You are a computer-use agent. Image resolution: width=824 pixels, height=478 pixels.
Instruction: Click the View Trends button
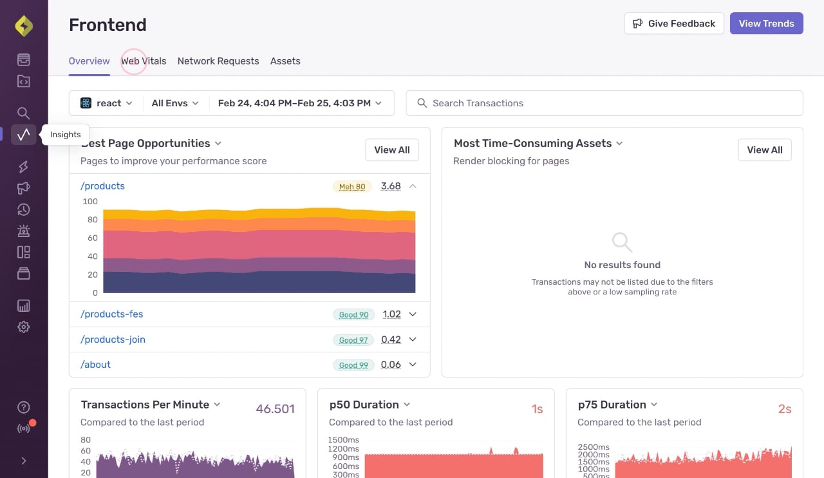point(766,23)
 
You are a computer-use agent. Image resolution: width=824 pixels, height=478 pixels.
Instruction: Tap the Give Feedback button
point(674,23)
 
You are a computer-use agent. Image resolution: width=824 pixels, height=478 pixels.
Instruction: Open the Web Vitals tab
point(144,61)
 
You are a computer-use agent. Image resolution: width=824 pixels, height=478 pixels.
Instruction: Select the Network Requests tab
point(218,61)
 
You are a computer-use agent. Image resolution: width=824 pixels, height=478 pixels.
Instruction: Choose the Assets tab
point(285,61)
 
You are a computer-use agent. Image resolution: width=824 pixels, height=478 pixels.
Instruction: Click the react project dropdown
point(106,103)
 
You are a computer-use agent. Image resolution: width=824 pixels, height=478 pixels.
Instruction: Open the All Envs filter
point(175,103)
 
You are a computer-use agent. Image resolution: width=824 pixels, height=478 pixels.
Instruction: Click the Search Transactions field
point(604,103)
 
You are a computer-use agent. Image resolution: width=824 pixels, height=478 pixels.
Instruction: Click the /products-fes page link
point(112,314)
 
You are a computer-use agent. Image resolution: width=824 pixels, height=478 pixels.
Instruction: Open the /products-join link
point(113,339)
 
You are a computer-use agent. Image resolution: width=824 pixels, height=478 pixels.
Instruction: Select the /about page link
point(96,365)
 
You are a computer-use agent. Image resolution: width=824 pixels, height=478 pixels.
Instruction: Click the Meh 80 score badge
point(352,186)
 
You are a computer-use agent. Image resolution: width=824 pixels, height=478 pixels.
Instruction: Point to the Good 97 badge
point(353,340)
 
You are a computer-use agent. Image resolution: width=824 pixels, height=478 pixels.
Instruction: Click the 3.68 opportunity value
point(391,186)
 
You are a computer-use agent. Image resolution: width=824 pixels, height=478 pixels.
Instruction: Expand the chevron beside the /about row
point(413,365)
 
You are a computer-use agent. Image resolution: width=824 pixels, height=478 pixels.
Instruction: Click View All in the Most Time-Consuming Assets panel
point(765,150)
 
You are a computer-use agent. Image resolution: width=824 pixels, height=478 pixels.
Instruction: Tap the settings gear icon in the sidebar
point(24,327)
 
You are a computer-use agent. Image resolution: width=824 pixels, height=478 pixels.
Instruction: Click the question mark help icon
point(24,407)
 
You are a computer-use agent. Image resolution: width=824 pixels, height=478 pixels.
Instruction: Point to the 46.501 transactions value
point(275,409)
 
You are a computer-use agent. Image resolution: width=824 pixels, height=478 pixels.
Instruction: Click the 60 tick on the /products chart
point(93,238)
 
